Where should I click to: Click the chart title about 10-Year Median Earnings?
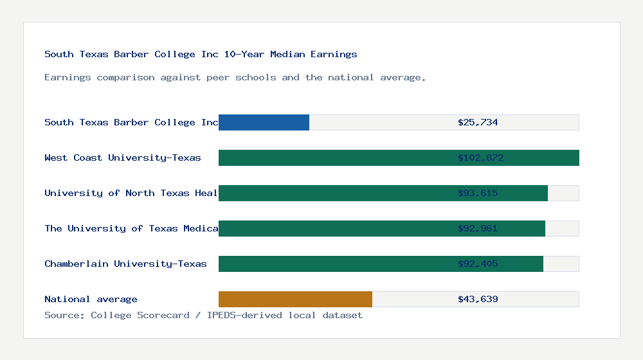(x=201, y=55)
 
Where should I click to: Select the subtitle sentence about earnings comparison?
(x=235, y=78)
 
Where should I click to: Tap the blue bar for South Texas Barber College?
(x=264, y=122)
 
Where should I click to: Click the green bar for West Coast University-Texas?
(x=334, y=157)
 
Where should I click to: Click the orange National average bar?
(x=295, y=299)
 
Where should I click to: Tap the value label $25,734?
(x=478, y=122)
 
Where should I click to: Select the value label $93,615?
(x=478, y=193)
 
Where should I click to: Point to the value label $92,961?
(x=478, y=228)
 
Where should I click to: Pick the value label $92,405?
(x=478, y=264)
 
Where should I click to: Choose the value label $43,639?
(x=478, y=299)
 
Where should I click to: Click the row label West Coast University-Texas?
(x=123, y=157)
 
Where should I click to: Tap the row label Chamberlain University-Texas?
(x=125, y=264)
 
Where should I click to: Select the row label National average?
(x=91, y=299)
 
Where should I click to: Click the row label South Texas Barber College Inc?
(x=131, y=122)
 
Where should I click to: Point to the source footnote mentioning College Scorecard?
(x=203, y=315)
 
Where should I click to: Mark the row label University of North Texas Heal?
(x=131, y=193)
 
